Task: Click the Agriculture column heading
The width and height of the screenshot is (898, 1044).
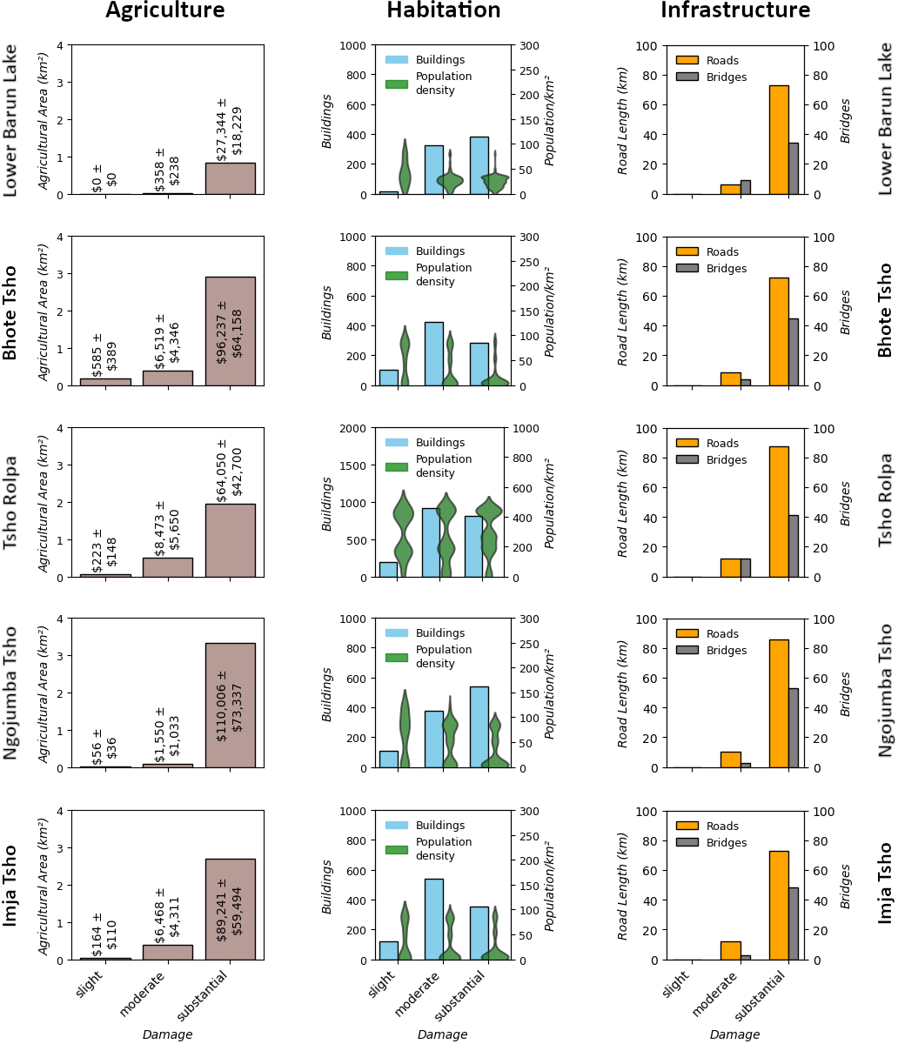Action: [x=165, y=10]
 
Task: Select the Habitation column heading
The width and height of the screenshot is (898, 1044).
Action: [x=444, y=10]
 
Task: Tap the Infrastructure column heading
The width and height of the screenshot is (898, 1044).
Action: [x=735, y=10]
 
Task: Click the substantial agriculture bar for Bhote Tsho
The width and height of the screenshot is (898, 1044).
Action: [x=230, y=331]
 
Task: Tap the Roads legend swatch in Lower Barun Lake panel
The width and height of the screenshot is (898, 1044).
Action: [x=687, y=60]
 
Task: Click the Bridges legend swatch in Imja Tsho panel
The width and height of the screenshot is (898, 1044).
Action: [x=687, y=842]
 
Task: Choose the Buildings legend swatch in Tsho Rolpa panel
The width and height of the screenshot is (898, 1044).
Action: [x=396, y=442]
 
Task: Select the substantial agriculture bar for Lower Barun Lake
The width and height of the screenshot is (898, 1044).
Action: [x=230, y=178]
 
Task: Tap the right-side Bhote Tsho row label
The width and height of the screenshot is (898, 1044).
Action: [x=885, y=310]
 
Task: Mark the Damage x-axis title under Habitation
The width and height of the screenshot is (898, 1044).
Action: [x=442, y=1034]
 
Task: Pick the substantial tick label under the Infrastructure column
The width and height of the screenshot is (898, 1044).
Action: [x=762, y=997]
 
